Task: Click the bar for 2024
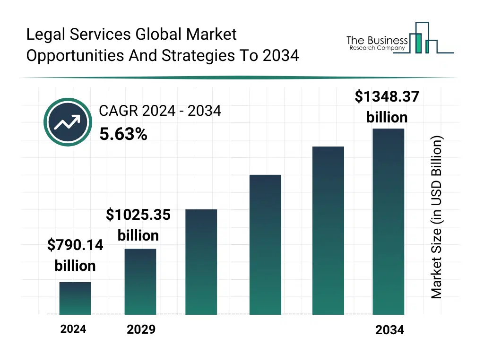point(75,298)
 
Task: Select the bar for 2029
point(140,281)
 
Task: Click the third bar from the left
point(201,262)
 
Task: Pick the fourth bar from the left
point(265,244)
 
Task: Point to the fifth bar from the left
point(328,230)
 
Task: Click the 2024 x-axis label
point(73,329)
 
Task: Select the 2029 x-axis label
point(141,329)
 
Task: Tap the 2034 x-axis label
point(390,330)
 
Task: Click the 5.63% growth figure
point(123,135)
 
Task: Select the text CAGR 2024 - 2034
point(160,111)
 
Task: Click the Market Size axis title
point(436,217)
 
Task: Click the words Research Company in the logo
point(377,48)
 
